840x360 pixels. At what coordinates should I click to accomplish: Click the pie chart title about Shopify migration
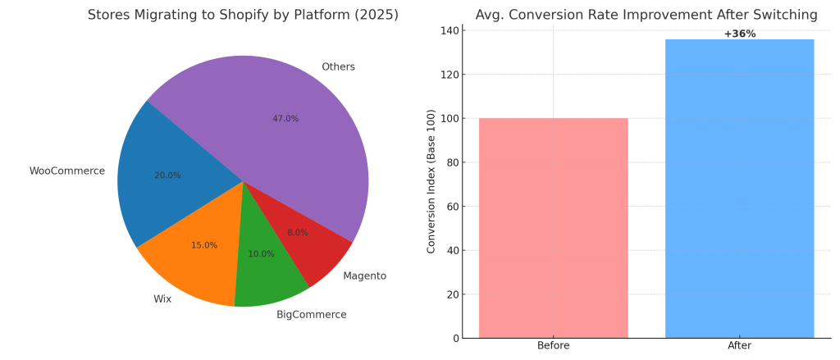[243, 16]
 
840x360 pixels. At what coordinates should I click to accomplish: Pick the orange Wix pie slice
[197, 254]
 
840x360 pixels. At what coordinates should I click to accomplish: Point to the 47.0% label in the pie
[285, 119]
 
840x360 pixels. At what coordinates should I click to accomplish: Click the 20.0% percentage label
[167, 175]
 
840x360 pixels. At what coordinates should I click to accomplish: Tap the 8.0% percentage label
[298, 233]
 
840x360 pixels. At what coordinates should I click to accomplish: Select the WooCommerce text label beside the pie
[67, 171]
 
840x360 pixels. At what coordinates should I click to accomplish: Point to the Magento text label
[364, 276]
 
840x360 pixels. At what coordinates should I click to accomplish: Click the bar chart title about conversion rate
[646, 15]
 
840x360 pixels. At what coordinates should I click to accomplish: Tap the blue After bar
[739, 189]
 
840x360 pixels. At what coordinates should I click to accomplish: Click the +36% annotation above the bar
[739, 34]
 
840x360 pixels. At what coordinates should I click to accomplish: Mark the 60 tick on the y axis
[451, 207]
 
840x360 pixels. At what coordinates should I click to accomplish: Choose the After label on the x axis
[739, 346]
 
